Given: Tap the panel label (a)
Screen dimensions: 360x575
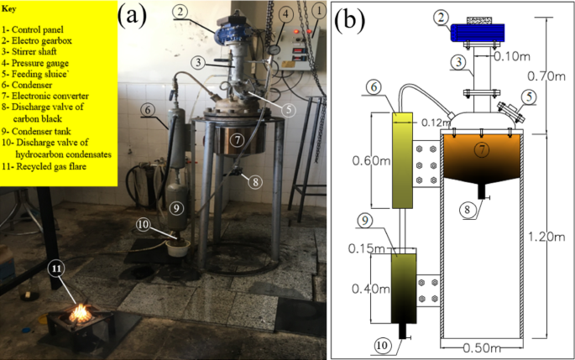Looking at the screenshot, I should pos(138,16).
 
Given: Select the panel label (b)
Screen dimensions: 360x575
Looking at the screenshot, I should pos(352,19).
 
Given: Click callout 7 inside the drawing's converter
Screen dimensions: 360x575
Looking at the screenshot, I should pos(480,149).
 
